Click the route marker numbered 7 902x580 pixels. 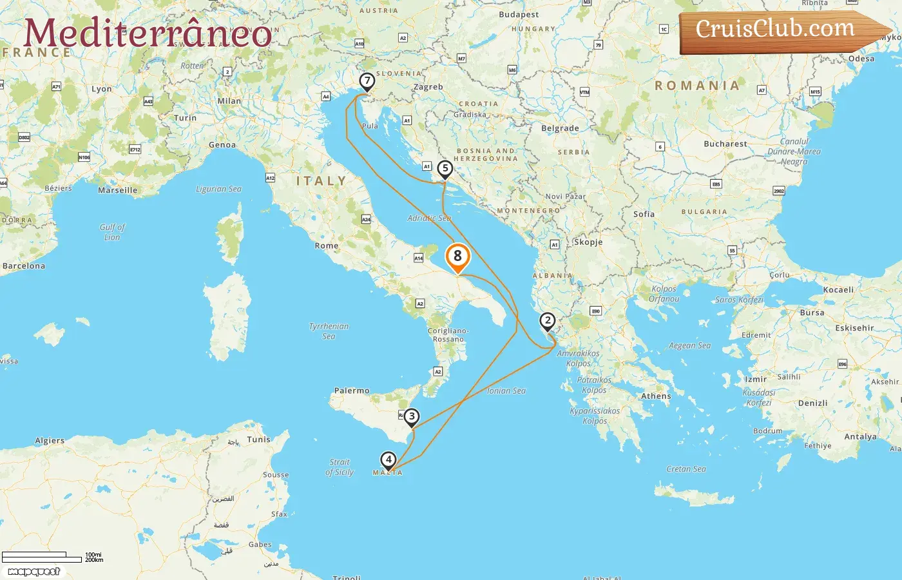click(367, 82)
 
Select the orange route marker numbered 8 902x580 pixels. click(457, 256)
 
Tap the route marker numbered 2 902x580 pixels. click(547, 321)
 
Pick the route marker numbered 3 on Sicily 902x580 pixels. click(412, 417)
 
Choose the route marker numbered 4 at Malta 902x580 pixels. click(388, 460)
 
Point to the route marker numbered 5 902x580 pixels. click(445, 169)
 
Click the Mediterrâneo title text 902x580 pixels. click(148, 34)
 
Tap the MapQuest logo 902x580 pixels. click(34, 572)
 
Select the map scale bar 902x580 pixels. click(41, 557)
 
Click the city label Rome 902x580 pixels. click(327, 246)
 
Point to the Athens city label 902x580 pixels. click(656, 396)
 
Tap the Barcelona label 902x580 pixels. click(24, 266)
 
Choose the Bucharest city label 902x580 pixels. click(725, 144)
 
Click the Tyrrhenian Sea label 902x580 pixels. click(329, 331)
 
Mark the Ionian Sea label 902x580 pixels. click(506, 391)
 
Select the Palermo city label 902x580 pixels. click(352, 391)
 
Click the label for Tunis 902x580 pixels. click(258, 440)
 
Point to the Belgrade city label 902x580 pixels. click(560, 128)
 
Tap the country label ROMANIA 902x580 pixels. click(697, 85)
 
